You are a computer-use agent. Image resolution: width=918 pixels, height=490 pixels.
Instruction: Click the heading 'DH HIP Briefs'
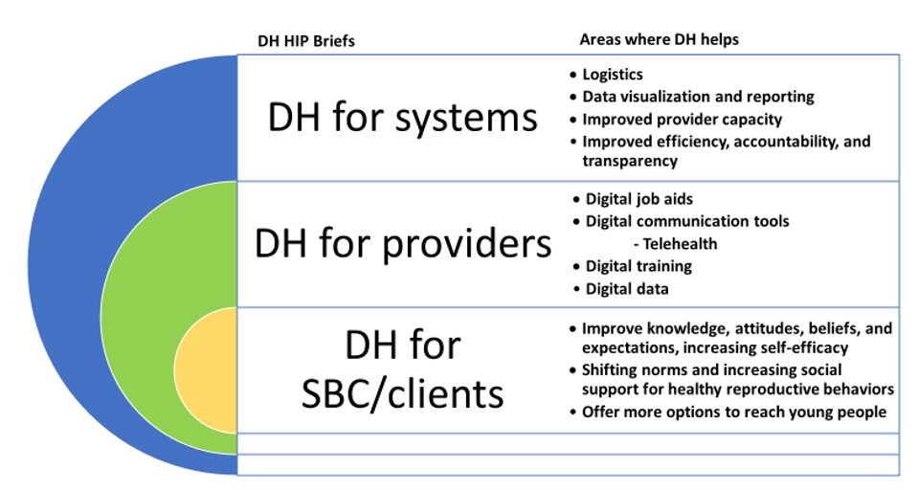point(306,41)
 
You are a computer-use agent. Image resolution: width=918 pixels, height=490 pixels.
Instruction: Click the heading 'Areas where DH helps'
point(660,39)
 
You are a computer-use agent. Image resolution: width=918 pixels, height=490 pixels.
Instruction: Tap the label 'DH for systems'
point(402,117)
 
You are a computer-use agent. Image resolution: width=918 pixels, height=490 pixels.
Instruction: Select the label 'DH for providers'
point(403,243)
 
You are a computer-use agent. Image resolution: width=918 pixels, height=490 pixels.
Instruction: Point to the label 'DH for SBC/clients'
point(403,368)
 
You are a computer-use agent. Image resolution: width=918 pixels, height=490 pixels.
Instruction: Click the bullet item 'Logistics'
point(613,75)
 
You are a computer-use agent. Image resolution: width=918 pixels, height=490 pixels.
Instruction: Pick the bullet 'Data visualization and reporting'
point(698,97)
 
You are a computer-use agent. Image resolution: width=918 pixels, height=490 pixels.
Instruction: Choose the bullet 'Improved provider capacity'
point(683,120)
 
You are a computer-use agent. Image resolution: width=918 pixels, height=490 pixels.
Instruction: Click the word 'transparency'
point(630,161)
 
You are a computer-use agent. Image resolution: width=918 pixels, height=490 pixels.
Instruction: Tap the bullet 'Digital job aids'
point(639,199)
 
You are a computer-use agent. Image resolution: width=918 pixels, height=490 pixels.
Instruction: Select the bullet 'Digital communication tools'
point(687,221)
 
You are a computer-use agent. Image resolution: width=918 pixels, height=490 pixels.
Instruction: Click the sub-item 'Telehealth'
point(680,243)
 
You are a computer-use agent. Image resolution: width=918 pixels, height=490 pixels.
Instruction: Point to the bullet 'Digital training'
point(638,266)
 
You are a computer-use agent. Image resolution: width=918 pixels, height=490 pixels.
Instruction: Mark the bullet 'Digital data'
point(627,289)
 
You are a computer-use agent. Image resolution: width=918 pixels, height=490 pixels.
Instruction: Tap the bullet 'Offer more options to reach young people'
point(734,412)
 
